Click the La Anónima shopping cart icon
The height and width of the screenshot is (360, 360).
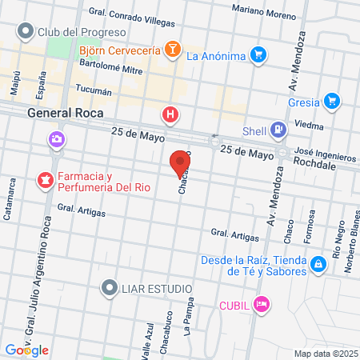tap(258, 55)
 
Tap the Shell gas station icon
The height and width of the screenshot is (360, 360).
tap(277, 130)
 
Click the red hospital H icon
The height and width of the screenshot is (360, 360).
tap(170, 115)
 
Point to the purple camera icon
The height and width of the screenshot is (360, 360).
tap(56, 139)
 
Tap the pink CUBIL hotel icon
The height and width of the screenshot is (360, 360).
tap(260, 304)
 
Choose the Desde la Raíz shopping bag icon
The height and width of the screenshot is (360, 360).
tap(318, 263)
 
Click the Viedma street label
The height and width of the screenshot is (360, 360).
tap(307, 125)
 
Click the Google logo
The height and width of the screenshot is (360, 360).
tap(26, 350)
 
